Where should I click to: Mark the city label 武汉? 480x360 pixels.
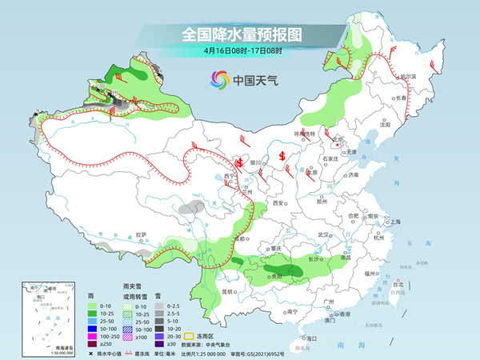[324, 234]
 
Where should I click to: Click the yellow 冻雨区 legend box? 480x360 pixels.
[191, 336]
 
